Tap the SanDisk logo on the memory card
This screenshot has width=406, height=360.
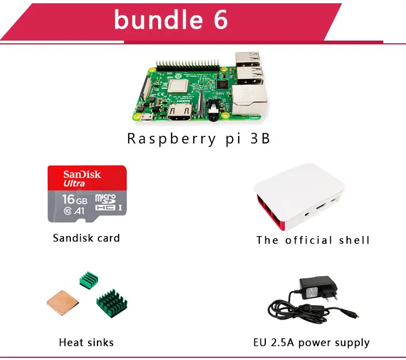pyautogui.click(x=82, y=174)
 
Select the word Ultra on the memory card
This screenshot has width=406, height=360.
pyautogui.click(x=74, y=184)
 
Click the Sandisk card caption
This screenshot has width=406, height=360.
pyautogui.click(x=87, y=238)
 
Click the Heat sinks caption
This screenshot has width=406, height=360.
pyautogui.click(x=87, y=342)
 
